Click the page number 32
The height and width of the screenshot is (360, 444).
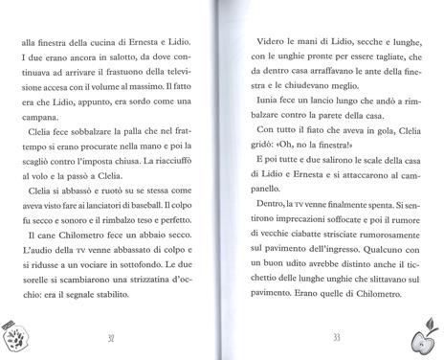click(112, 336)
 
